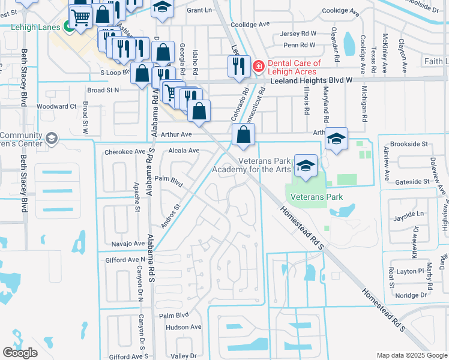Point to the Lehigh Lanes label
(x=35, y=28)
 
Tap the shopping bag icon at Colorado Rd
(x=243, y=136)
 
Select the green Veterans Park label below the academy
(x=316, y=197)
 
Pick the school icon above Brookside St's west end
(x=337, y=140)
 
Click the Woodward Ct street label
(x=57, y=106)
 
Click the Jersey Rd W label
(x=298, y=34)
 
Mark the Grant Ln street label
(x=200, y=10)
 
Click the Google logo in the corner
(x=20, y=353)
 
